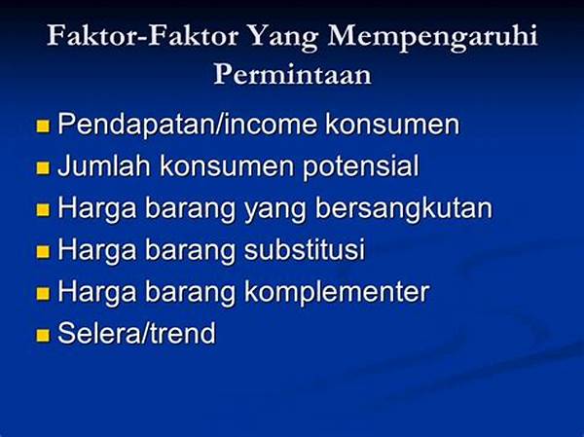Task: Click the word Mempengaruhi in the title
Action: click(x=432, y=37)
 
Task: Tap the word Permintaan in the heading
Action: click(x=292, y=74)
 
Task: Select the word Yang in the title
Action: click(x=282, y=37)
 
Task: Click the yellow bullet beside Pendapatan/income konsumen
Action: click(x=43, y=126)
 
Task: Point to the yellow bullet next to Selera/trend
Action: click(x=43, y=335)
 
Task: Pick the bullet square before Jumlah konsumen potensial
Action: click(x=43, y=167)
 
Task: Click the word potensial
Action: click(x=360, y=166)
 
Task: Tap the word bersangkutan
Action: click(x=404, y=208)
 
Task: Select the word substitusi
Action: click(x=305, y=249)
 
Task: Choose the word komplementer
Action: click(x=337, y=292)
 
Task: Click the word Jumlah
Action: click(x=104, y=165)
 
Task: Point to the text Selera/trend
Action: click(x=136, y=333)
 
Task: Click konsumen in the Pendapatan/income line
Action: click(x=392, y=125)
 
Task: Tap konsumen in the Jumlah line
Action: click(x=227, y=166)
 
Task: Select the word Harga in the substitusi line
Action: click(x=97, y=250)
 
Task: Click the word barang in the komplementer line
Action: click(x=190, y=292)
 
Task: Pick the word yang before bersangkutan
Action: click(x=274, y=209)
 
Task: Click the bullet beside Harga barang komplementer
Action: click(x=43, y=294)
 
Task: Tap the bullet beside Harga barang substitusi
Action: click(x=43, y=251)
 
